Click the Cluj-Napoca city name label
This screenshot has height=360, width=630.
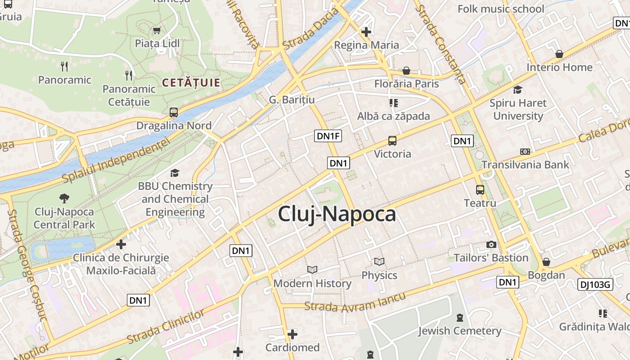pyautogui.click(x=337, y=214)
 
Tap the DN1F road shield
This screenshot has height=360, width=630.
pyautogui.click(x=328, y=135)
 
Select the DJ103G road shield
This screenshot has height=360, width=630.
pyautogui.click(x=595, y=284)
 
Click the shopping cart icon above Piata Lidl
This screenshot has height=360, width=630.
pyautogui.click(x=157, y=31)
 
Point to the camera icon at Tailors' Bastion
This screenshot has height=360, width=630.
pyautogui.click(x=491, y=245)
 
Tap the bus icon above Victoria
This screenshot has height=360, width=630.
pyautogui.click(x=392, y=141)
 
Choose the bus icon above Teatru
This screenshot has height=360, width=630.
pyautogui.click(x=480, y=190)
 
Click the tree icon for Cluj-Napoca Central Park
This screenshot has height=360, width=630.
pyautogui.click(x=64, y=198)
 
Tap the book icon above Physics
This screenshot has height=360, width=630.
pyautogui.click(x=379, y=262)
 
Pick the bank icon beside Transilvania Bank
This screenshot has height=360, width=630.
pyautogui.click(x=525, y=152)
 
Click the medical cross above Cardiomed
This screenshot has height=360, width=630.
pyautogui.click(x=292, y=334)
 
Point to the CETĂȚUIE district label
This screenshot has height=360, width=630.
pyautogui.click(x=191, y=83)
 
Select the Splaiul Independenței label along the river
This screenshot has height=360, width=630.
pyautogui.click(x=116, y=160)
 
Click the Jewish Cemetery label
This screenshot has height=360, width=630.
pyautogui.click(x=459, y=331)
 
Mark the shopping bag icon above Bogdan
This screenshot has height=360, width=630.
pyautogui.click(x=546, y=262)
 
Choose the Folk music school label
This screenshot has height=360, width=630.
pyautogui.click(x=500, y=9)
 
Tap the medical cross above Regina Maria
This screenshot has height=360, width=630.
pyautogui.click(x=366, y=32)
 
